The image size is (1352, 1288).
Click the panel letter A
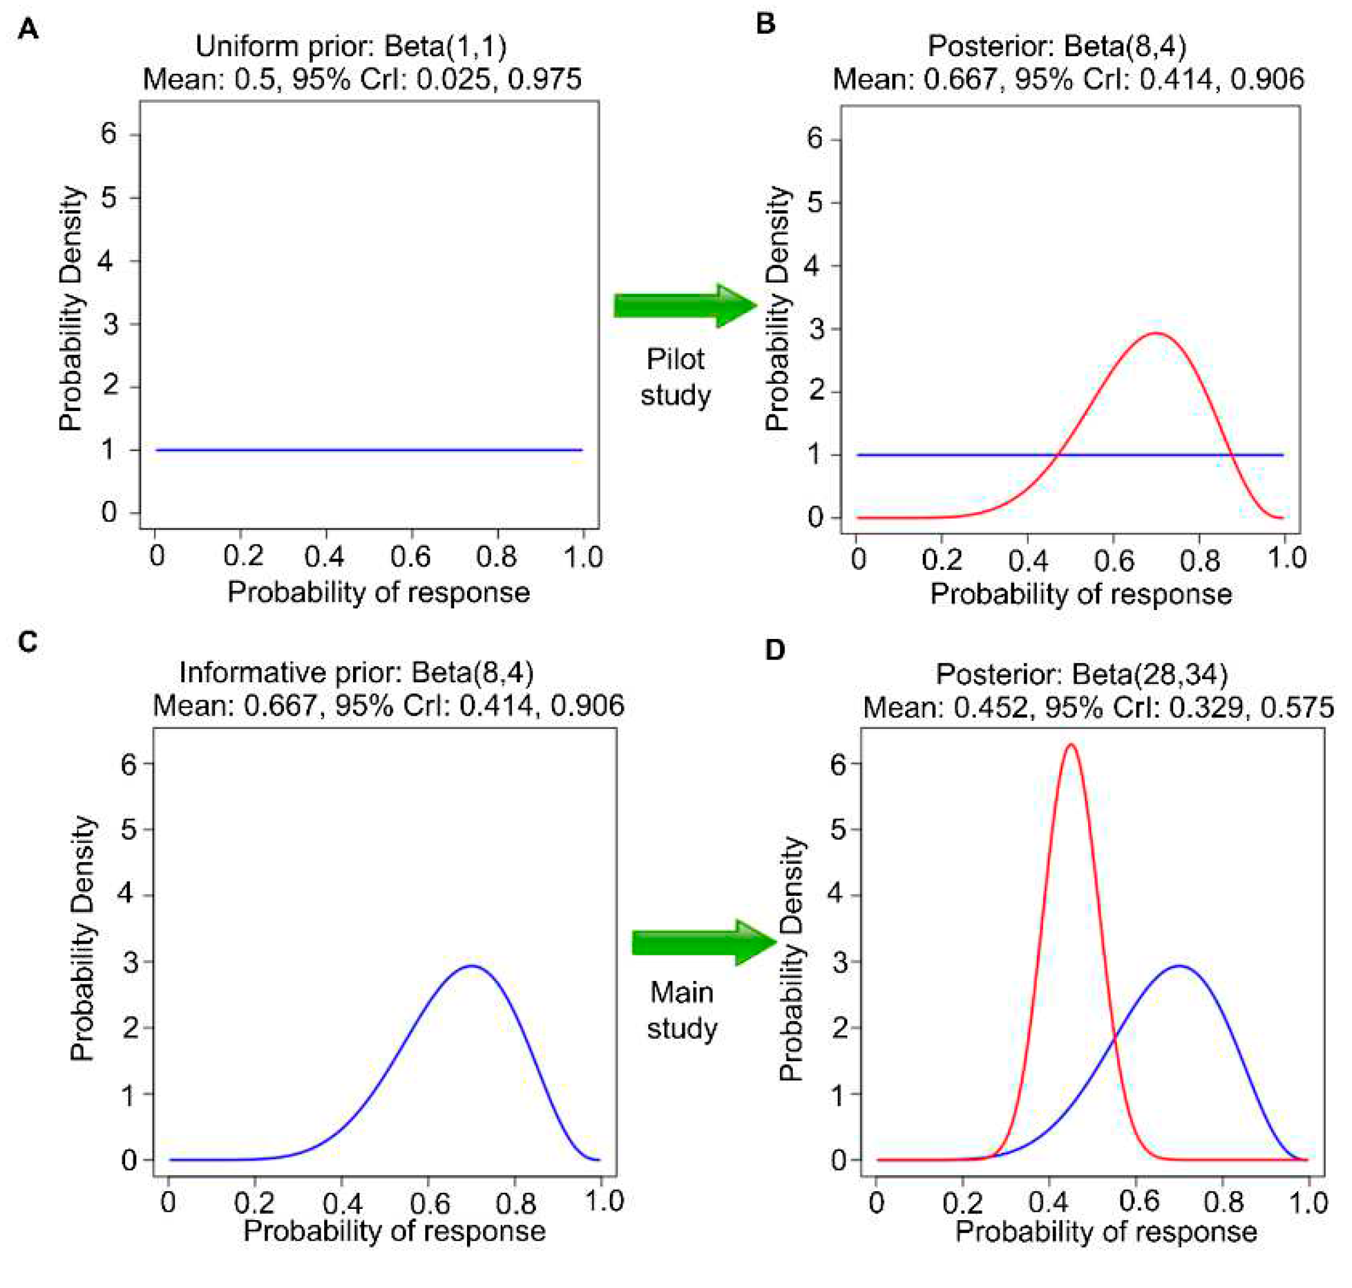pos(27,30)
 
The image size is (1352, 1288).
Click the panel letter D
pos(774,650)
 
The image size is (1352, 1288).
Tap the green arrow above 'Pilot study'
pos(684,305)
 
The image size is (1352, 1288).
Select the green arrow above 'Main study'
pos(703,942)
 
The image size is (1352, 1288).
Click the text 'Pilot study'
pos(675,377)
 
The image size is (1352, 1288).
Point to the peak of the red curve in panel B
pos(1156,334)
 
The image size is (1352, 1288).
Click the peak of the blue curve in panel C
pos(472,966)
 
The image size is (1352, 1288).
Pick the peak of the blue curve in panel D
pos(1179,966)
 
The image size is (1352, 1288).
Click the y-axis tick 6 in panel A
pos(109,133)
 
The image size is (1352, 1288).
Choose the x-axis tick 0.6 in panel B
pos(1113,560)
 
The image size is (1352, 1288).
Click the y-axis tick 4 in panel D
pos(837,895)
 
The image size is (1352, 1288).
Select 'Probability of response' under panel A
pos(378,592)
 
